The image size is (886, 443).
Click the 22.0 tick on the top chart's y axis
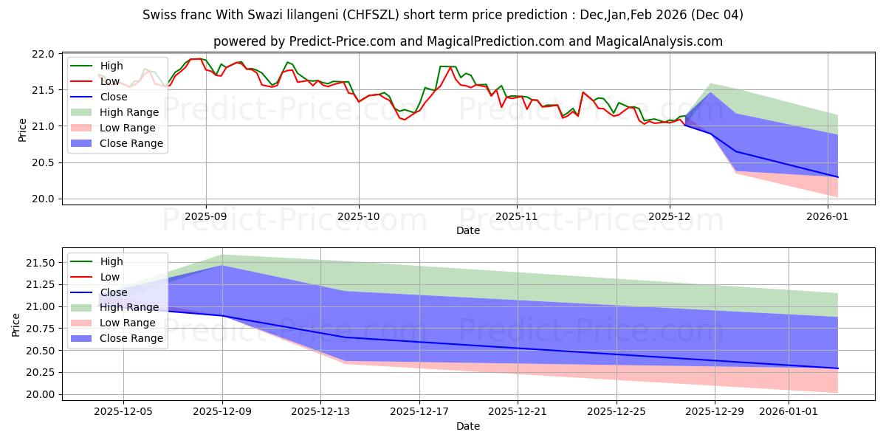[44, 54]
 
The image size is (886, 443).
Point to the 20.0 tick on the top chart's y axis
[44, 199]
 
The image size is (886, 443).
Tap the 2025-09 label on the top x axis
[205, 217]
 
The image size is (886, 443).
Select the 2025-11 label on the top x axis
[516, 217]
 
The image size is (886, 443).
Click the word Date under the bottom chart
[468, 426]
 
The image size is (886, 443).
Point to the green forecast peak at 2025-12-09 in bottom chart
[222, 255]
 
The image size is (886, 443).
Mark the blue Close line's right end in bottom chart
[838, 368]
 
